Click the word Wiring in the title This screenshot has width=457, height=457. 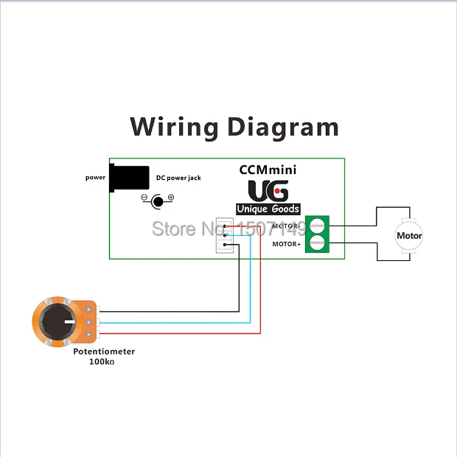coord(174,127)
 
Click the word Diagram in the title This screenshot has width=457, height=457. coord(283,127)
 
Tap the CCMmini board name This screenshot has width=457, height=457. coord(268,170)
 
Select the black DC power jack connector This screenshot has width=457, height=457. coord(129,178)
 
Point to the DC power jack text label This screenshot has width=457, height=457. coord(178,178)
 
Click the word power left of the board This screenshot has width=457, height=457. coord(95,178)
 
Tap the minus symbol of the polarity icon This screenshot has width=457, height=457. coord(144,198)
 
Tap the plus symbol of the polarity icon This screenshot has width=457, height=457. coord(171,198)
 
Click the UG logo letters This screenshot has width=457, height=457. coord(268,191)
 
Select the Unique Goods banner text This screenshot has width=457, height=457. coord(268,209)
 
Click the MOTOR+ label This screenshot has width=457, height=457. coord(287,244)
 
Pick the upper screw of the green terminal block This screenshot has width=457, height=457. coord(317,226)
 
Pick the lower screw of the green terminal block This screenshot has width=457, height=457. coord(317,243)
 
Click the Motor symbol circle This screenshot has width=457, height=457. coord(409,235)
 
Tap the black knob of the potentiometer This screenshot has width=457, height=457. coord(57,322)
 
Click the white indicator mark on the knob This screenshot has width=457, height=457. coord(70,322)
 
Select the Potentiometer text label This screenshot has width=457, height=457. coord(104,352)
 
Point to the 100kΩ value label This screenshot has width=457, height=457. coord(102,362)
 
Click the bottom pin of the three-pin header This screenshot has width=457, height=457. coord(225,245)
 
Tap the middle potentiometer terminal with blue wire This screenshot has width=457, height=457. coord(89,322)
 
